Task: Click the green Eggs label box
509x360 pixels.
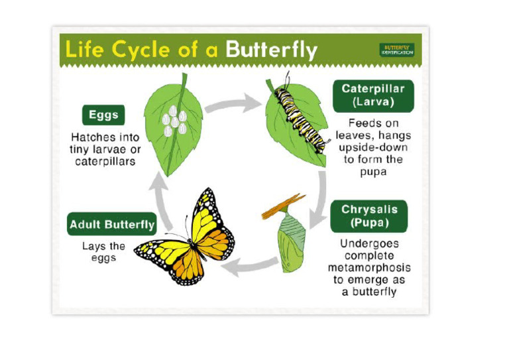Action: pos(103,115)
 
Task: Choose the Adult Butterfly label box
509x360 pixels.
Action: pos(112,224)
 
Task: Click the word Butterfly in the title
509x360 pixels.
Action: pos(271,49)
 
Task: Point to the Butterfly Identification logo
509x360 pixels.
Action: pos(397,50)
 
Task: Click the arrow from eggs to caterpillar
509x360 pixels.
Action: pos(233,103)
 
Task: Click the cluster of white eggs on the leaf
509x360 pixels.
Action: pos(174,119)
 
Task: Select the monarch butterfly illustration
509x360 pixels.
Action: pos(186,239)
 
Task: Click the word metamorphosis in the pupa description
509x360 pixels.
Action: pos(369,267)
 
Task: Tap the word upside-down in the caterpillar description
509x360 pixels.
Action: pos(376,147)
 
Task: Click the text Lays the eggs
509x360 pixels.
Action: pos(104,251)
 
